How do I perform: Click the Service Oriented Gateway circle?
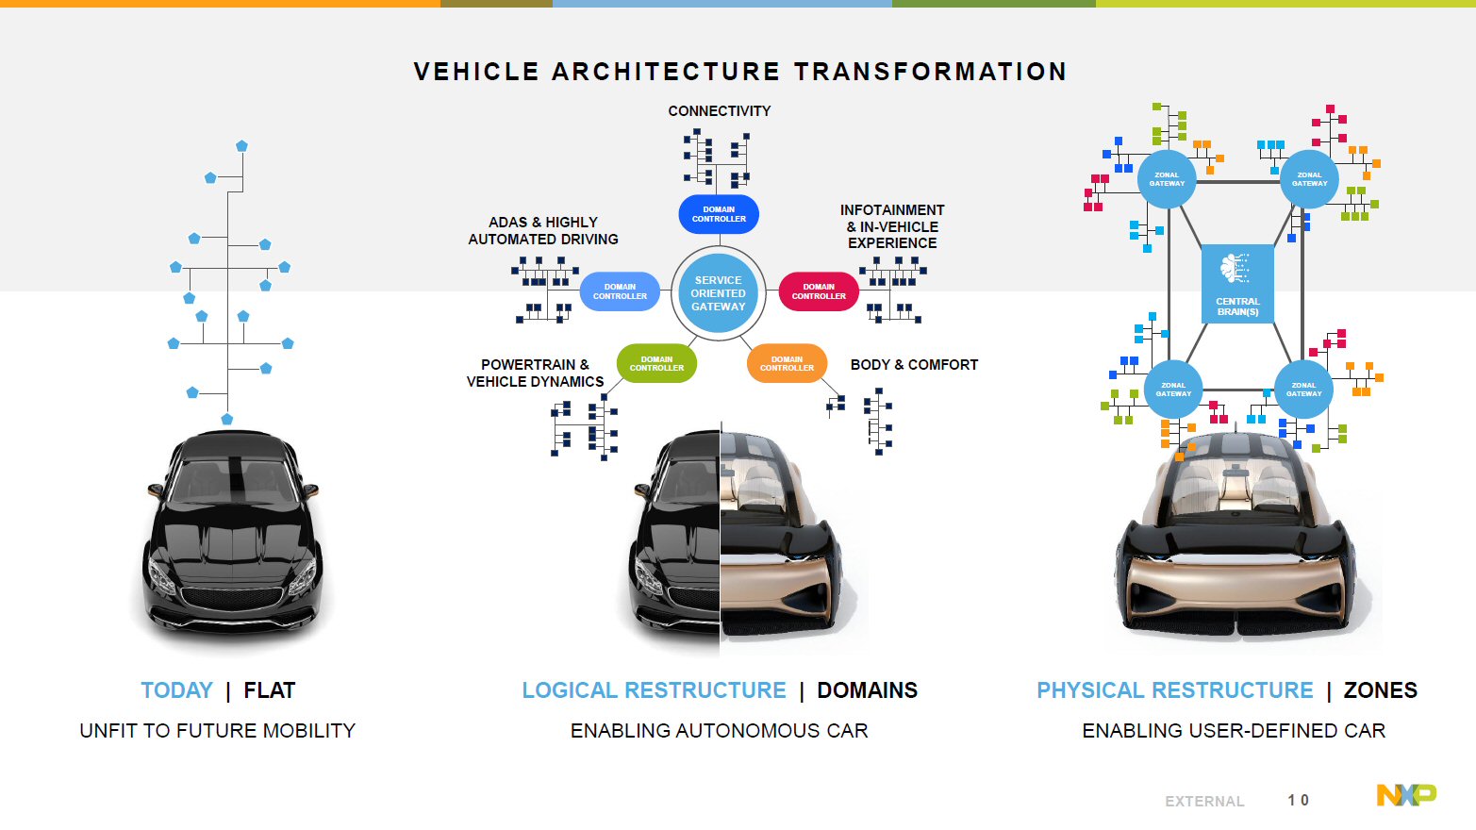[718, 293]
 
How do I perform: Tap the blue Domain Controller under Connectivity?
[719, 214]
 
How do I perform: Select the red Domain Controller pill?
[819, 291]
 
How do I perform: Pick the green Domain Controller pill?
[656, 363]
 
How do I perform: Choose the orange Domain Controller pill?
[787, 363]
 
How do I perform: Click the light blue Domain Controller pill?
[620, 291]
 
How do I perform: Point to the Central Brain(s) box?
[1237, 284]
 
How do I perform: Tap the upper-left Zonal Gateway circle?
[1167, 179]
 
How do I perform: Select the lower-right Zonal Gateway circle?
[1303, 390]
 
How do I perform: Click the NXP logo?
[1405, 795]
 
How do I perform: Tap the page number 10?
[1298, 800]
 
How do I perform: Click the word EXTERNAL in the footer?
[1204, 802]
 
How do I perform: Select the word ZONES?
[1380, 690]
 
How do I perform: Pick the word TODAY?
[176, 690]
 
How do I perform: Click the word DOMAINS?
[867, 690]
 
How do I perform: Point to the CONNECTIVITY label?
[719, 111]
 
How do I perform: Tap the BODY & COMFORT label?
[914, 365]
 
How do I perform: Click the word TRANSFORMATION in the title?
[930, 72]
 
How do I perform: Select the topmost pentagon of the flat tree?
[241, 146]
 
